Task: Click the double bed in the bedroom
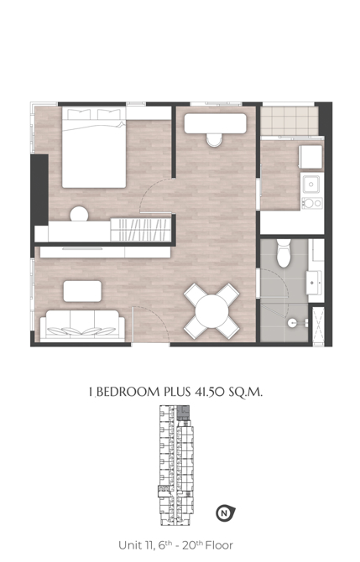94,147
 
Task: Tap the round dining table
211,310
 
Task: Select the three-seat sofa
82,325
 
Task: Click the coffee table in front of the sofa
82,291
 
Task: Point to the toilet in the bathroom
284,253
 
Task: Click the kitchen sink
311,185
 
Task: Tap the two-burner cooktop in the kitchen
312,203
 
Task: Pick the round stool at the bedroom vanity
79,215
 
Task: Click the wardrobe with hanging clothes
140,229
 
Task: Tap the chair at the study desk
215,140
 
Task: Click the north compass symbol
225,513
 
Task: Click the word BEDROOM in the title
128,392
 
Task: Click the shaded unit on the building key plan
183,413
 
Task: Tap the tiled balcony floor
289,121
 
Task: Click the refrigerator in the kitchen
310,157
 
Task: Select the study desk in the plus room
215,123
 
